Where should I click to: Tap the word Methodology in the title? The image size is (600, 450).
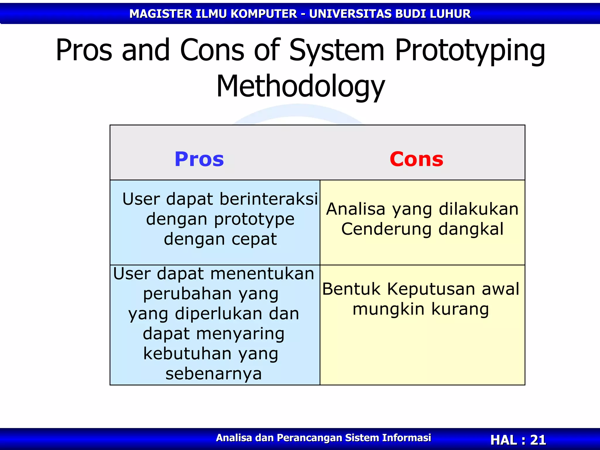300,86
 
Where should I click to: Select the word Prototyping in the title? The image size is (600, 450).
470,50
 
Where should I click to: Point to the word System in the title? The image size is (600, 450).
336,50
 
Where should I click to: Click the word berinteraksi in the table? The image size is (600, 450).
269,199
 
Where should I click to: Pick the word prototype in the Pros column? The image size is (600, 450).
254,219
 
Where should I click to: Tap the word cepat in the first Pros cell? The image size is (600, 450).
254,239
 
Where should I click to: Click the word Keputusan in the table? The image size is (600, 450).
430,289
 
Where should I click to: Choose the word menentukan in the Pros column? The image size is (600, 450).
262,274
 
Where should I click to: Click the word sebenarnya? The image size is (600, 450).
214,374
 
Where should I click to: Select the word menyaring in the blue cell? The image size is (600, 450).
240,334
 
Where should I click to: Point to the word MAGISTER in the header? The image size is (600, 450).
161,14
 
